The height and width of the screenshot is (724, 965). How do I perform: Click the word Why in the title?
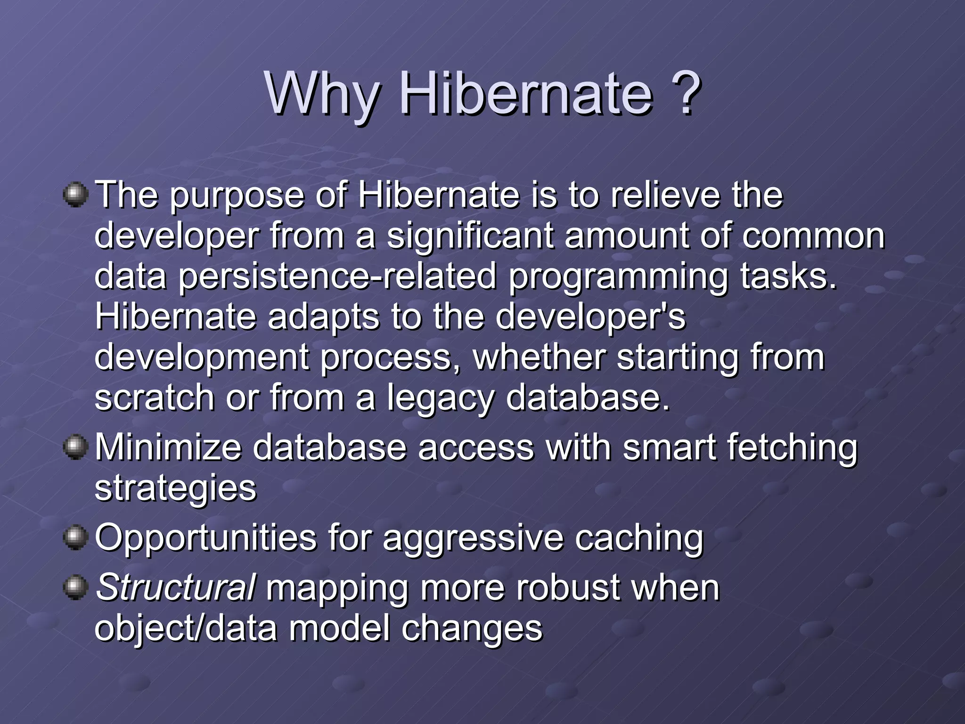pos(322,94)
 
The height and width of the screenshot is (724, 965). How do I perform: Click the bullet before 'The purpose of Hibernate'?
pos(75,195)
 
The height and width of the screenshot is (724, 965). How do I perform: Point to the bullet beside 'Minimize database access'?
pos(75,446)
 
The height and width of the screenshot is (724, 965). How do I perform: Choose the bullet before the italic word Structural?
pos(75,588)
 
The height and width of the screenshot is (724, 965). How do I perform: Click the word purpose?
pos(237,196)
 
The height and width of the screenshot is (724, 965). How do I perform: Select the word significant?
pos(470,236)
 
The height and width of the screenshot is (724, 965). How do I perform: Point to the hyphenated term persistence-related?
pos(337,277)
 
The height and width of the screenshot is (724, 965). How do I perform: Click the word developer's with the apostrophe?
pos(590,316)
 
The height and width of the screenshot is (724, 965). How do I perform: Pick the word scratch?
pos(154,397)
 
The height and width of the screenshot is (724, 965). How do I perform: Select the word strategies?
pos(175,488)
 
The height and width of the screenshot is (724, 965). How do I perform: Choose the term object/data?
pos(186,628)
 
